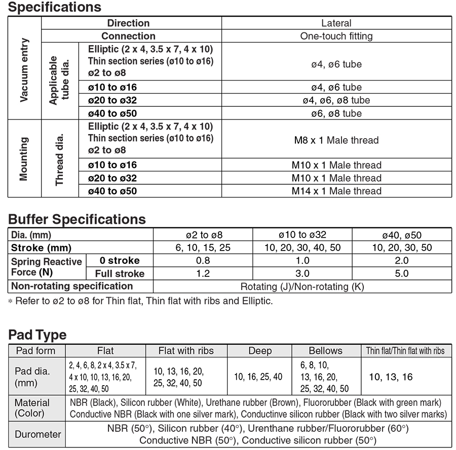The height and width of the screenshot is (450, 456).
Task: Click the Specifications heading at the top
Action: click(x=55, y=8)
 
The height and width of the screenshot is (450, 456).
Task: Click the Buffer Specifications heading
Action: click(x=77, y=219)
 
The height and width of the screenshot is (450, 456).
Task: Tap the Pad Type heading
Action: click(x=37, y=335)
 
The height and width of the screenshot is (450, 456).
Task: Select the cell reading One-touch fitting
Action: click(x=336, y=36)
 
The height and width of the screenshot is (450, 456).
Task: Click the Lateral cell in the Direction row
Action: click(x=336, y=23)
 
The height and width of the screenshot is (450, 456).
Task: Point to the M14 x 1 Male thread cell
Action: click(x=336, y=191)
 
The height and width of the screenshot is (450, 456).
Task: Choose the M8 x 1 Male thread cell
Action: click(x=336, y=140)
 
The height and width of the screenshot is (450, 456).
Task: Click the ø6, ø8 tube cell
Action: click(x=336, y=113)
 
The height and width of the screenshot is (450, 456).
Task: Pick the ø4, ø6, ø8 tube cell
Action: click(x=336, y=100)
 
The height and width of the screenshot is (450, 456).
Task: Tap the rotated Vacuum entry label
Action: click(x=24, y=70)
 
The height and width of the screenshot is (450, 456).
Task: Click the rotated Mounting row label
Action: click(x=24, y=158)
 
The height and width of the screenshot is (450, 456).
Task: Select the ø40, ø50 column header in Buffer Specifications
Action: click(x=402, y=235)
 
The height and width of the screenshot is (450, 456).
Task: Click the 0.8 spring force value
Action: click(x=203, y=261)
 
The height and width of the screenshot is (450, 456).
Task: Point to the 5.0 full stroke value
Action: click(x=402, y=273)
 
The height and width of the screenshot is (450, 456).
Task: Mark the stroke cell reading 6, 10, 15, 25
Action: click(x=203, y=248)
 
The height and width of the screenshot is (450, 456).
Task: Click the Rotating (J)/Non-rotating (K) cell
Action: click(x=302, y=287)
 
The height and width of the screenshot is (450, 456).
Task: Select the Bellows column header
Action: click(x=325, y=351)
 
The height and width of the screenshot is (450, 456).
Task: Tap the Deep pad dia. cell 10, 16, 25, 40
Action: click(x=258, y=377)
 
